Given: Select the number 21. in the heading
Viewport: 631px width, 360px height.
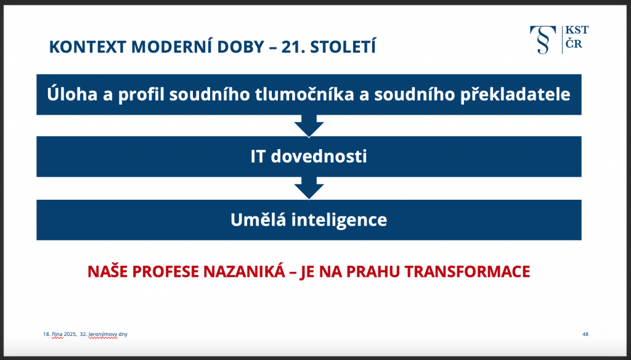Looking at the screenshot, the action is [x=293, y=47].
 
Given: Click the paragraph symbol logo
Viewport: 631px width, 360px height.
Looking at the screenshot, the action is [x=543, y=39].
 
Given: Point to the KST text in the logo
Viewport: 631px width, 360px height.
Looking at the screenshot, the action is [x=577, y=30].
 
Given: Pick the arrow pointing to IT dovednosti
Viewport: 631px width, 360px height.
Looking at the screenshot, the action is [x=309, y=126].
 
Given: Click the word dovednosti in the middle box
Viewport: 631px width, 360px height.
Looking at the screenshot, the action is [x=319, y=156].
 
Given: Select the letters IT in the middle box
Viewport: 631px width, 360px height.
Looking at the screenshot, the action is [x=258, y=156].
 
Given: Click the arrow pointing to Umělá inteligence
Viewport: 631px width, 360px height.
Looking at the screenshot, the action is [x=309, y=188].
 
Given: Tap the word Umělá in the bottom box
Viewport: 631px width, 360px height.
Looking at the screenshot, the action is [x=258, y=219].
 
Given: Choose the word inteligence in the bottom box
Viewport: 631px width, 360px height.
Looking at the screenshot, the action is [x=339, y=220].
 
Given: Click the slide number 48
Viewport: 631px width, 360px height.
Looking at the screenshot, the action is [x=585, y=334].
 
